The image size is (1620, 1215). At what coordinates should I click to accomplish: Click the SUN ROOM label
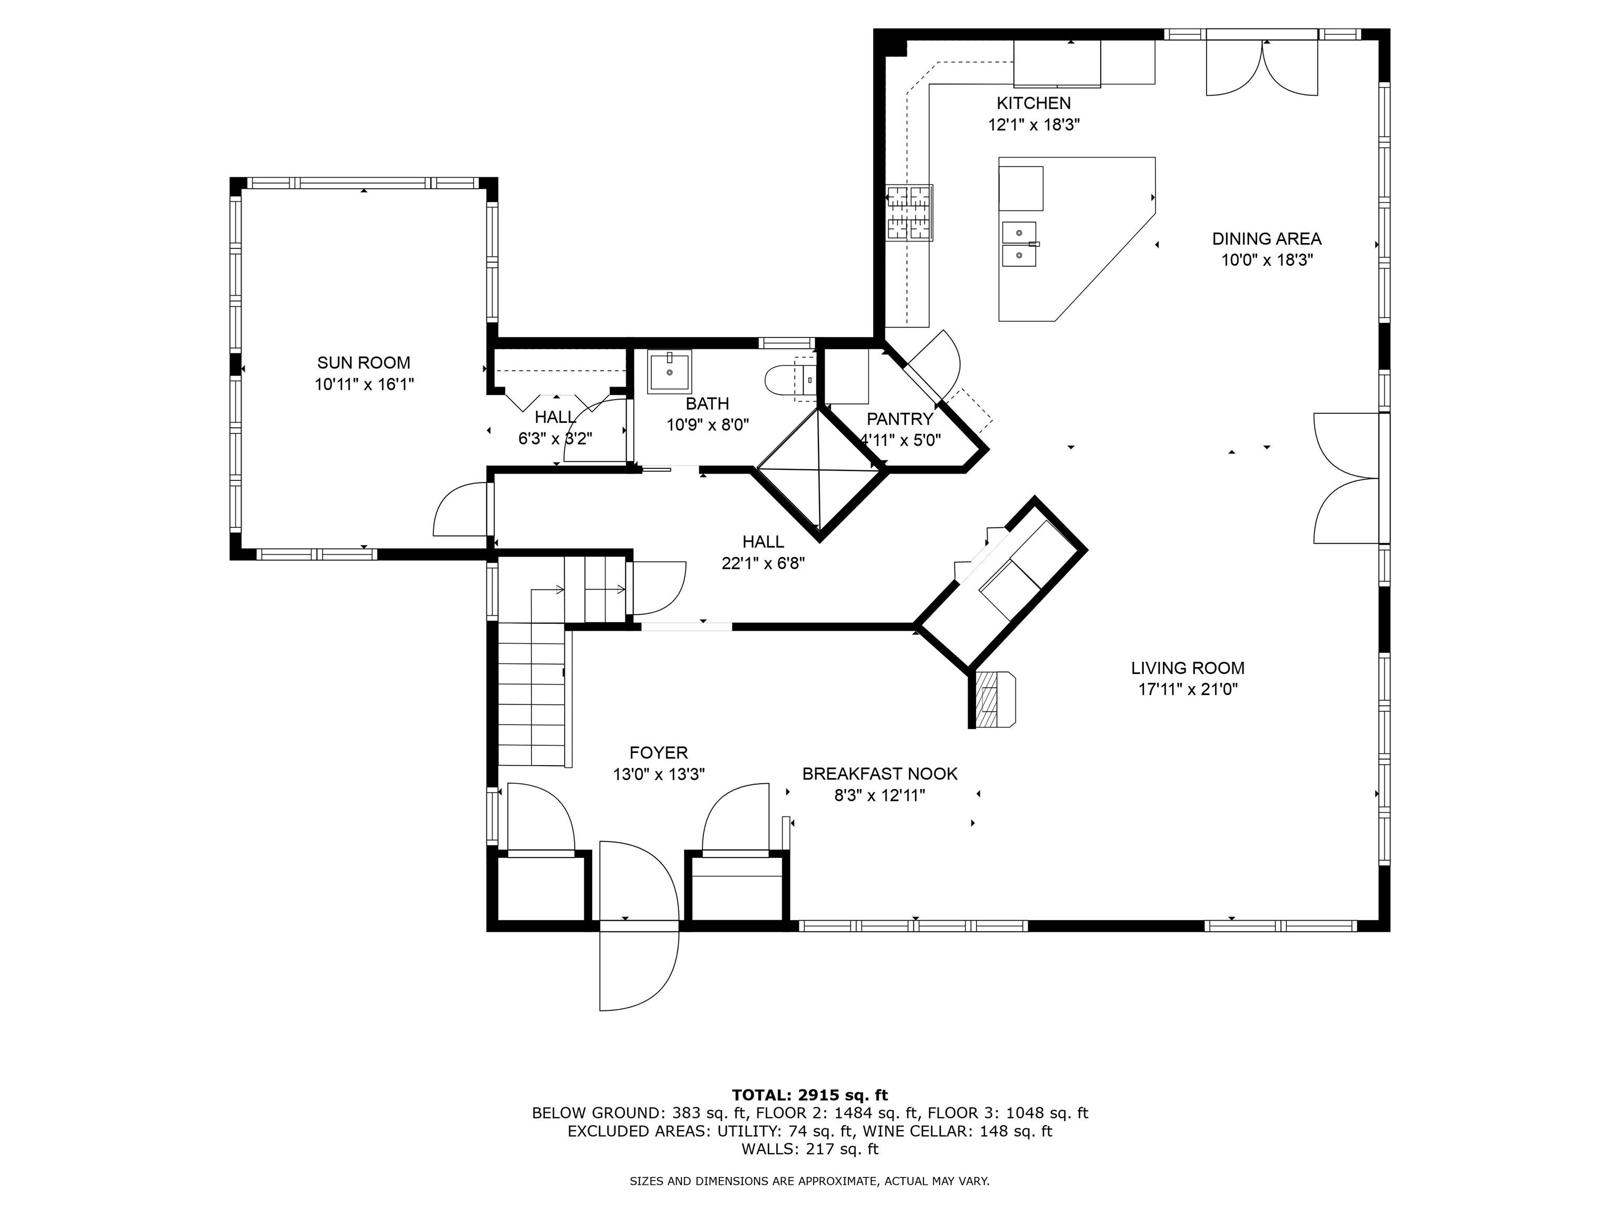pos(363,362)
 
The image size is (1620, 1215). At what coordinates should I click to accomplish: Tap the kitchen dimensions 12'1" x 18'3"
pos(1034,124)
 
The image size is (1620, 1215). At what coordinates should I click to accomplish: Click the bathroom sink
pos(669,372)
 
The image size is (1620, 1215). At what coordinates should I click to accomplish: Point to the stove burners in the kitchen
pos(909,213)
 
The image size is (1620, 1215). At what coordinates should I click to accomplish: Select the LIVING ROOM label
pos(1187,668)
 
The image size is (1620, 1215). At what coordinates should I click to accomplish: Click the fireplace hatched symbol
pos(991,701)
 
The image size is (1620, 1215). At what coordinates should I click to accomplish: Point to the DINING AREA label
pos(1266,239)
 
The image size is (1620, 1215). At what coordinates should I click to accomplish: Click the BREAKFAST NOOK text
pos(880,774)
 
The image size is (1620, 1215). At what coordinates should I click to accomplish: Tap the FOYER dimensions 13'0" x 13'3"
pos(659,775)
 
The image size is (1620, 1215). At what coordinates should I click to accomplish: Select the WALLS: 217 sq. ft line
pos(809,1149)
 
